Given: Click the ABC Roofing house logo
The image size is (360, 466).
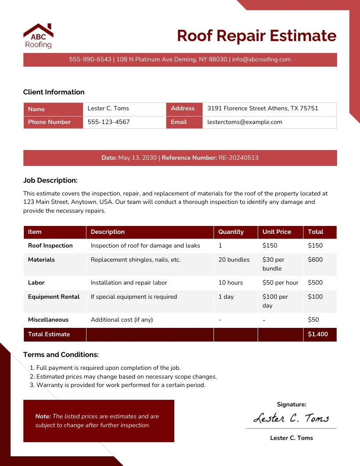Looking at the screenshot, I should pos(38,35).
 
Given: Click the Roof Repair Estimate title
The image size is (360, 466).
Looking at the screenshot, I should pos(256,36).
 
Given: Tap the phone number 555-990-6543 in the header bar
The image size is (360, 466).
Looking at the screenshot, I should pos(90,60).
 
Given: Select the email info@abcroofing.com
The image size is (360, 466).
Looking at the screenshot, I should pos(261,60).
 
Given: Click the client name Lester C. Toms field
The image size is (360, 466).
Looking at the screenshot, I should pos(108,109).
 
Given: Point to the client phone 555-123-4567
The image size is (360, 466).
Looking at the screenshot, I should pos(109,122).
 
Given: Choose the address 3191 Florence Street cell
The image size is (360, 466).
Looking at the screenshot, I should pos(262,109).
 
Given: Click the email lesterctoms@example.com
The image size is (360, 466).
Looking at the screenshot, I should pos(244,122).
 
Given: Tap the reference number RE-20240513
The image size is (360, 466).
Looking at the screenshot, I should pos(238,158).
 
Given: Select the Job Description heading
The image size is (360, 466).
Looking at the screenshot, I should pos(50,180).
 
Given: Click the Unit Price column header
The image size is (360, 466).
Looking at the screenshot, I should pos(277,232).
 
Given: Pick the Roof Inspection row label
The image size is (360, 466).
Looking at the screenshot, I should pos(50,246).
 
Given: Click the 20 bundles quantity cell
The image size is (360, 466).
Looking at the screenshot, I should pos(234,260).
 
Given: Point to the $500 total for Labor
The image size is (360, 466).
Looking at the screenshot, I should pos(315,282).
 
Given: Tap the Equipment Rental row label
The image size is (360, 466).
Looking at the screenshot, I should pos(54,297).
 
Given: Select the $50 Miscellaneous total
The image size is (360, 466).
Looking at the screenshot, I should pos(313,319).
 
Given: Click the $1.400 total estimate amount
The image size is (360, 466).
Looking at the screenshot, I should pos(318,334).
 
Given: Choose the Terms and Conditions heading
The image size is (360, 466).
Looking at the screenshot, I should pos(61,355).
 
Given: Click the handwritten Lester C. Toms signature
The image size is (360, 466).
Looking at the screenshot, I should pos(291,418).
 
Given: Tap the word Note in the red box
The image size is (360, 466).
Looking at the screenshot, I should pos(43,416).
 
